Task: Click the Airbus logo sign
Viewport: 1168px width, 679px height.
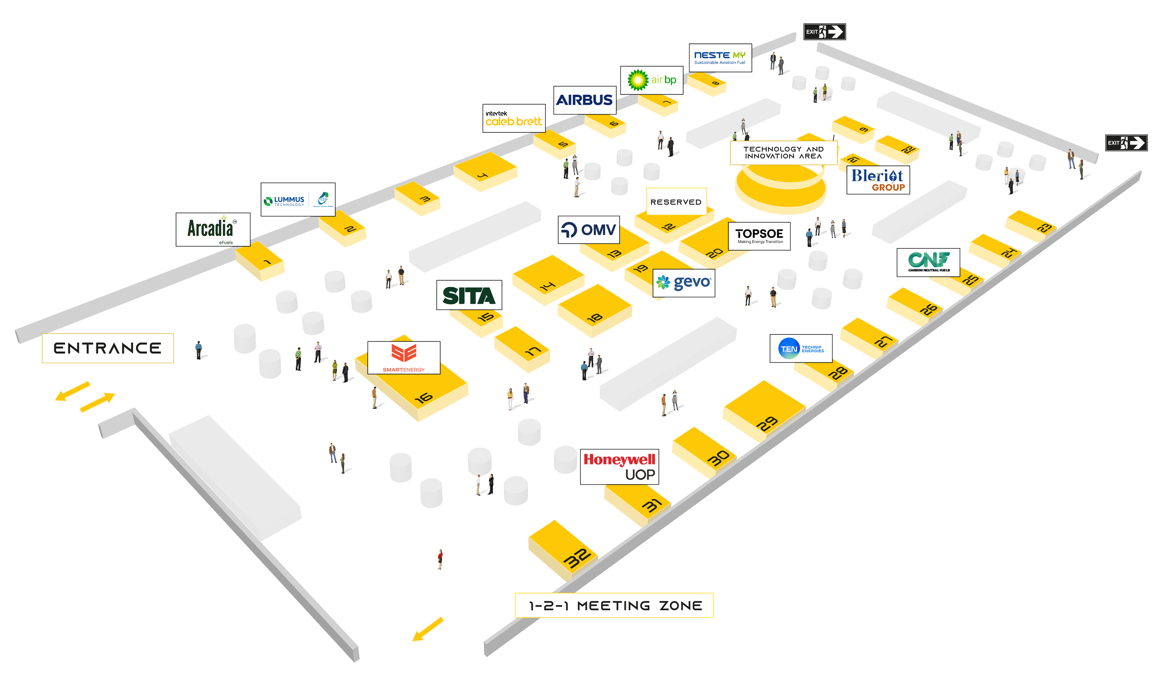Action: [584, 100]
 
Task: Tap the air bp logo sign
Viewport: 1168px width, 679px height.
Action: [651, 80]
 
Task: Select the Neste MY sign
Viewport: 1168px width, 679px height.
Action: [720, 58]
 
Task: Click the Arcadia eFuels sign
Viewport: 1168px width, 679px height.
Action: [213, 229]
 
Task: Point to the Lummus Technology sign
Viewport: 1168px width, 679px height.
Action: [298, 200]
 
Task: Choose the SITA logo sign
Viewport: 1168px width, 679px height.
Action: [469, 295]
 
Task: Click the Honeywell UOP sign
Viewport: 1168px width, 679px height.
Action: [620, 466]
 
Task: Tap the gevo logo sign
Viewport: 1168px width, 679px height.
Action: [684, 283]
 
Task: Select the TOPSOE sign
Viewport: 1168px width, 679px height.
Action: [759, 236]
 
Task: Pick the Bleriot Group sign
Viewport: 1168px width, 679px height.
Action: [878, 180]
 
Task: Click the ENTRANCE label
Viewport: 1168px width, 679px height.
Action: [107, 348]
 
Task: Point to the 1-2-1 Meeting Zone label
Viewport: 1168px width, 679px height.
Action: [615, 606]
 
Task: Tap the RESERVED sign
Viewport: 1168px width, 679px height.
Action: [676, 202]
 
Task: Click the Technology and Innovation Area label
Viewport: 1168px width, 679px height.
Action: [783, 152]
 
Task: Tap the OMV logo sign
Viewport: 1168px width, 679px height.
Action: [589, 229]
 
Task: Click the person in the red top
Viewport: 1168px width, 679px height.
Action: [440, 559]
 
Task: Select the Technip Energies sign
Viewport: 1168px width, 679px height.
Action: [801, 349]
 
